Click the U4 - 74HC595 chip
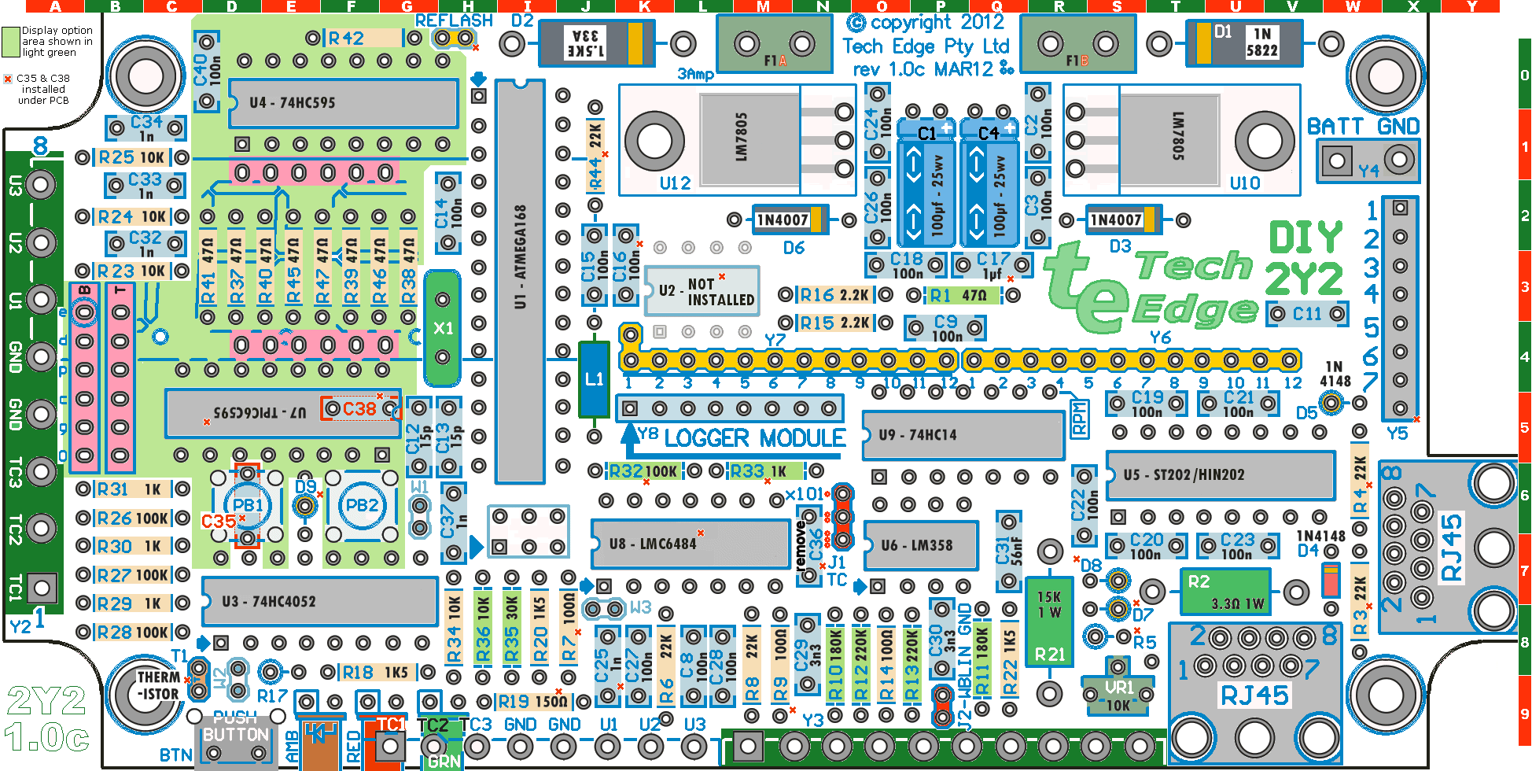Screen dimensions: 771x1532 click(343, 103)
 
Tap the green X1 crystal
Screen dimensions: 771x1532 click(443, 328)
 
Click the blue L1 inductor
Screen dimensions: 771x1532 click(594, 379)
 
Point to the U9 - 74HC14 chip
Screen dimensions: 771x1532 click(963, 435)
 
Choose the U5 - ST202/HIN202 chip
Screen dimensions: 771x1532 click(1220, 475)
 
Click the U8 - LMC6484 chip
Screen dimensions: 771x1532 click(689, 544)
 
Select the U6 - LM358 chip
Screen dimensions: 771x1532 click(920, 545)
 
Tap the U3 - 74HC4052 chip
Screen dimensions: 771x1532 click(319, 602)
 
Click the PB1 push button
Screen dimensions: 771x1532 click(247, 505)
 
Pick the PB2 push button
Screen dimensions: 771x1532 click(362, 505)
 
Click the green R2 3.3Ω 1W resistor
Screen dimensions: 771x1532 click(1225, 592)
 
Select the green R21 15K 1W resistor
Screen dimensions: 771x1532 click(1049, 622)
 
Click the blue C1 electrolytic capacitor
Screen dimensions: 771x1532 click(927, 185)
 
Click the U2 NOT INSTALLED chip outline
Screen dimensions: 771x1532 click(701, 291)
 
